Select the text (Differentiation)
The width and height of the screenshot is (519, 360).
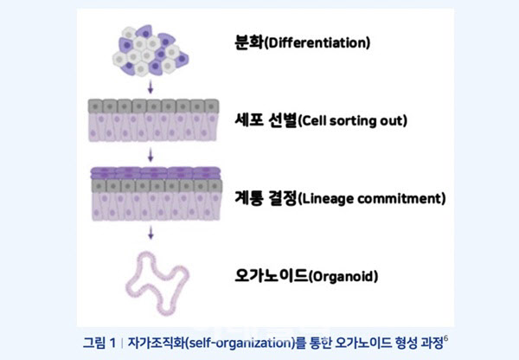click(x=317, y=43)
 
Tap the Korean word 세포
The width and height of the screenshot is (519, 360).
click(x=247, y=120)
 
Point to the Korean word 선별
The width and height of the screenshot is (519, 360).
click(x=282, y=120)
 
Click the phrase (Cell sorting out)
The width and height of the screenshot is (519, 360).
click(x=353, y=121)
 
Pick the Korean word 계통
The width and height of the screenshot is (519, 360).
click(x=249, y=198)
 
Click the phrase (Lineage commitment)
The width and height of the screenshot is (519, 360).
click(x=372, y=199)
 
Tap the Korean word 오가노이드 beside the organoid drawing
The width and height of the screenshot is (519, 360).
click(x=271, y=275)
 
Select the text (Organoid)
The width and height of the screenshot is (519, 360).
click(x=343, y=276)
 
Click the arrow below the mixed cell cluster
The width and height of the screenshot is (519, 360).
click(x=151, y=87)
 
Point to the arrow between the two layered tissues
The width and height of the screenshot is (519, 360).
click(x=151, y=155)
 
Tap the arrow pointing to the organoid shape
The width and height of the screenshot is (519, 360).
click(x=151, y=233)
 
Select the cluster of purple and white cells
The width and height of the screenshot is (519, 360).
click(x=151, y=50)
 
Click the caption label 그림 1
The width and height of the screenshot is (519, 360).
click(x=99, y=343)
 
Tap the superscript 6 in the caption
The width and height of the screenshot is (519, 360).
click(x=445, y=338)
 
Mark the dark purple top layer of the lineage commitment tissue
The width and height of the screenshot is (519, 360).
click(x=156, y=173)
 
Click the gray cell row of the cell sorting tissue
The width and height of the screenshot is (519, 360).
click(x=154, y=106)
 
